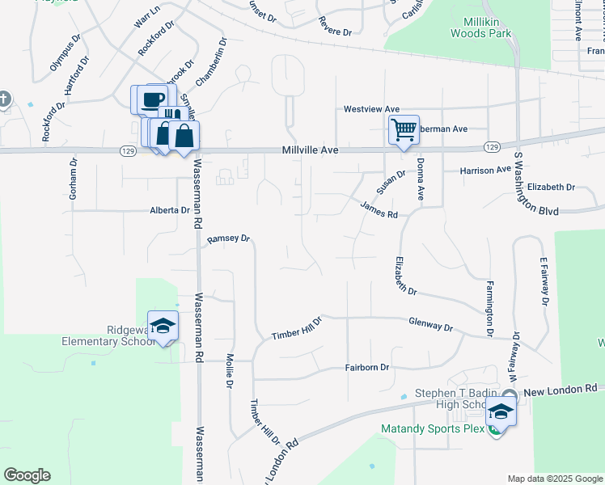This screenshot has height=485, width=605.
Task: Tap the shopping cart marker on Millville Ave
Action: pos(404,129)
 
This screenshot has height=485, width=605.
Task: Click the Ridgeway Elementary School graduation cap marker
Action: pos(163,326)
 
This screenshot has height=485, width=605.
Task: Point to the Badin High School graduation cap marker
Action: pos(501,411)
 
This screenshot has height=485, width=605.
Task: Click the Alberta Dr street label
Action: pos(169,210)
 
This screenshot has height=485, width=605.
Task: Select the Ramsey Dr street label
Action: pos(230,239)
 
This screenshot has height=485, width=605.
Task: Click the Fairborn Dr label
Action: pos(367,367)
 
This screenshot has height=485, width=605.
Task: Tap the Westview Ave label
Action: pos(371,109)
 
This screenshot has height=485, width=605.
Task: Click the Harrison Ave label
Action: pos(485,171)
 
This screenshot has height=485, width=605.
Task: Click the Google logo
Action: pos(27,475)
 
